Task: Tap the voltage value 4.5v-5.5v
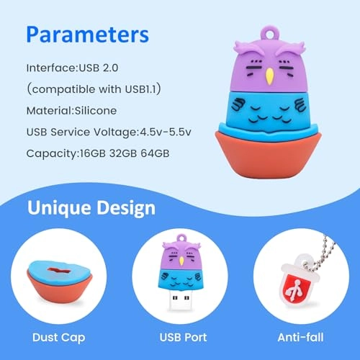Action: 169,132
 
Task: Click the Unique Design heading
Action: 91,209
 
